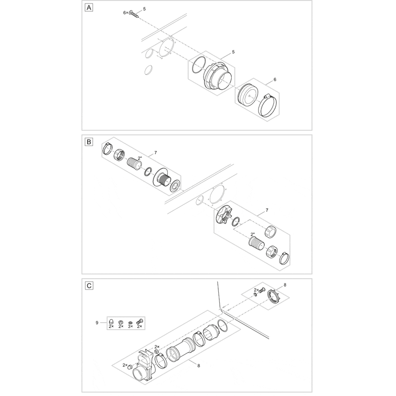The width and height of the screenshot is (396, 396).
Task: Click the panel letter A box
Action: (89, 8)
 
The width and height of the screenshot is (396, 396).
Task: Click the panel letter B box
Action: (89, 142)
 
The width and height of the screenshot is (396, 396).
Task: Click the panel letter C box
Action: (89, 286)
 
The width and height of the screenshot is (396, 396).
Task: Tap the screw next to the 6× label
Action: (134, 14)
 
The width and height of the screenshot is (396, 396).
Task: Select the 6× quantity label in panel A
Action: (126, 13)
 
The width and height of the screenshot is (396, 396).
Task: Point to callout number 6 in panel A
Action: (275, 80)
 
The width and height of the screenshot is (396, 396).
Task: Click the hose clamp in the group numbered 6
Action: (268, 106)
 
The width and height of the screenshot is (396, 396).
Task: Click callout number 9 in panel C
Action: (97, 323)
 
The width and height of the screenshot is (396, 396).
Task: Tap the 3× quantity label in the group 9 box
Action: (130, 326)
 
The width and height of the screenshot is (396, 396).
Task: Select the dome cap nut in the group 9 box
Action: (111, 321)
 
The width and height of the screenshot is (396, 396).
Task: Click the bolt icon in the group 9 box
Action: (140, 321)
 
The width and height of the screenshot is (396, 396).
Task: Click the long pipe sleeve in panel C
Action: (181, 349)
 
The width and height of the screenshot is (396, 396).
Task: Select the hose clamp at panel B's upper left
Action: (108, 149)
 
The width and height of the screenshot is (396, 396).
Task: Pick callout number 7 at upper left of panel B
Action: (155, 153)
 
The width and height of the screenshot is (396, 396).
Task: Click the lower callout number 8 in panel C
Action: (199, 366)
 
